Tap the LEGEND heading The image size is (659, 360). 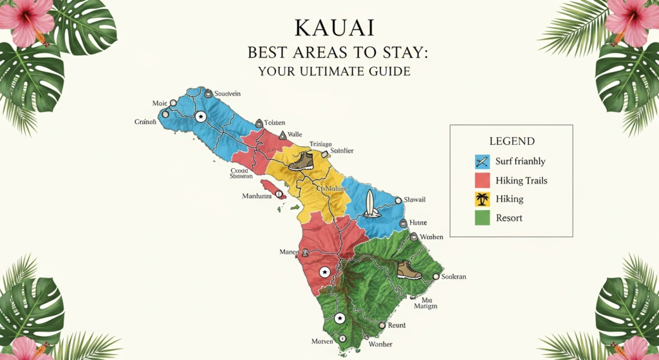pos(512,141)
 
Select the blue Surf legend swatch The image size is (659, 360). pos(482,162)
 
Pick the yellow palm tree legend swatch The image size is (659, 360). pos(482,199)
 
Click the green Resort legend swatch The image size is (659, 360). pos(482,218)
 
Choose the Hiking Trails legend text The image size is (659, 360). pos(521,180)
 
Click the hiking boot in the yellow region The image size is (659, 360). pos(301,161)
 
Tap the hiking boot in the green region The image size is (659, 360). pos(409,270)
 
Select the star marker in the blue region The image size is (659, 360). pos(200,117)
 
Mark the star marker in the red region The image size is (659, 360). pos(324,272)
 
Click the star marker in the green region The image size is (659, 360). pos(340,318)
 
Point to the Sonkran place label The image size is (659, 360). pos(453,276)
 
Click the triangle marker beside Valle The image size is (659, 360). pos(282,135)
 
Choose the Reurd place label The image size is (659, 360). pos(396,326)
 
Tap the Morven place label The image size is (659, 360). pos(321,340)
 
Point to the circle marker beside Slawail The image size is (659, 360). pos(398,200)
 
